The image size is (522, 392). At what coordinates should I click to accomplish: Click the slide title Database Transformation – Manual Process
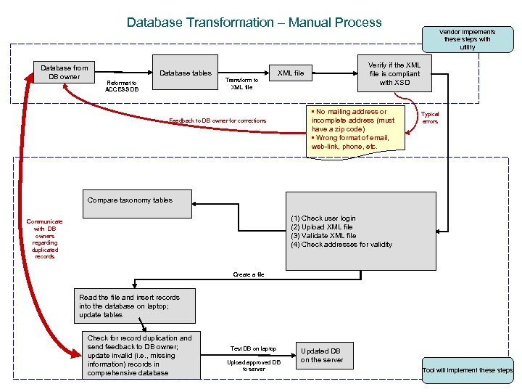(x=254, y=23)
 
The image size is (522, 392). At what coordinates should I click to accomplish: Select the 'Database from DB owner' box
(x=65, y=73)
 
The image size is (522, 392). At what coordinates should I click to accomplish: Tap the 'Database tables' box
(x=186, y=73)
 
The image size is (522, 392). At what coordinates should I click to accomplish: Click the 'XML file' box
(x=291, y=73)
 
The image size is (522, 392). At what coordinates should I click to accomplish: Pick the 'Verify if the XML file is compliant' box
(x=394, y=73)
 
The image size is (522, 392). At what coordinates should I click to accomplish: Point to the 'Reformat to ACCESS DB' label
(x=120, y=86)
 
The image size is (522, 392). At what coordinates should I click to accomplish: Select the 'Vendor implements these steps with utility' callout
(x=468, y=40)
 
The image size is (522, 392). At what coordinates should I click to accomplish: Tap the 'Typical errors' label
(x=430, y=118)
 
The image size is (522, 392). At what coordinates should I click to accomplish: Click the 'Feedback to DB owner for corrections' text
(x=217, y=121)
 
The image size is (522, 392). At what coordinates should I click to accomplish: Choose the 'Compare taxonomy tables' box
(x=130, y=200)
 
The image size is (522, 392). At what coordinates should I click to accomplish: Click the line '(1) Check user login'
(x=323, y=219)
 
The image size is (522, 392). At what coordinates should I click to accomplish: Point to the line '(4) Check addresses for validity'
(x=341, y=245)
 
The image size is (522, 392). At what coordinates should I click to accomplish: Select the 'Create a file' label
(x=249, y=274)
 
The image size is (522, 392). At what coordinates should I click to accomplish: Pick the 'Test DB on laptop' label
(x=253, y=349)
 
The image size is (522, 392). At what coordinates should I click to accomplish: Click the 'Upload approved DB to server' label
(x=253, y=365)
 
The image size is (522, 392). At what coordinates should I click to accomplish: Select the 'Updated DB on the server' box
(x=322, y=356)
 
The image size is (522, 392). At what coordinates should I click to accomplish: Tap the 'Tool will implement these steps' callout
(x=468, y=370)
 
